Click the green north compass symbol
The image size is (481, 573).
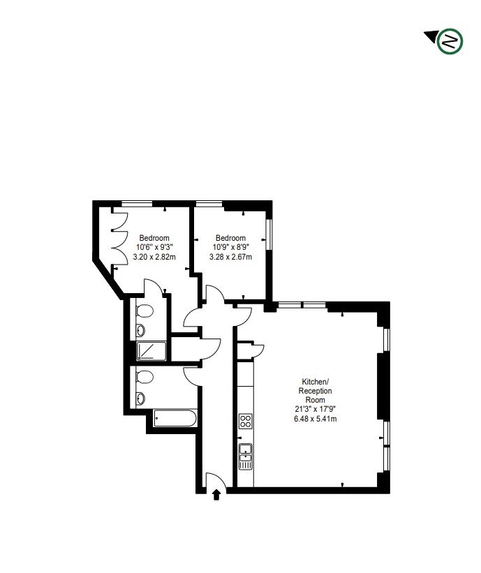[x=450, y=41]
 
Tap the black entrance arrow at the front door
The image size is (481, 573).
[x=216, y=494]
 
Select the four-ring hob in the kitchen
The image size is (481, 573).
[x=246, y=421]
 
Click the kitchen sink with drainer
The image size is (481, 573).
[x=246, y=456]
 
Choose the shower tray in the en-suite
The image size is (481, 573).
[x=151, y=350]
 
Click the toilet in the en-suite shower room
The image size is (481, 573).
[x=145, y=311]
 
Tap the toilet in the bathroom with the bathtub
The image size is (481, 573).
[x=145, y=378]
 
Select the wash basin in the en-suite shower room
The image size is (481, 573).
[x=140, y=330]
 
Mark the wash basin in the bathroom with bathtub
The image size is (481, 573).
[x=140, y=398]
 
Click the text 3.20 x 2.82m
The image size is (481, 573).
[x=154, y=256]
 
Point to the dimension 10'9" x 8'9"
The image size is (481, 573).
[x=230, y=246]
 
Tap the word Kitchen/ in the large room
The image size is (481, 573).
[x=314, y=382]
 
